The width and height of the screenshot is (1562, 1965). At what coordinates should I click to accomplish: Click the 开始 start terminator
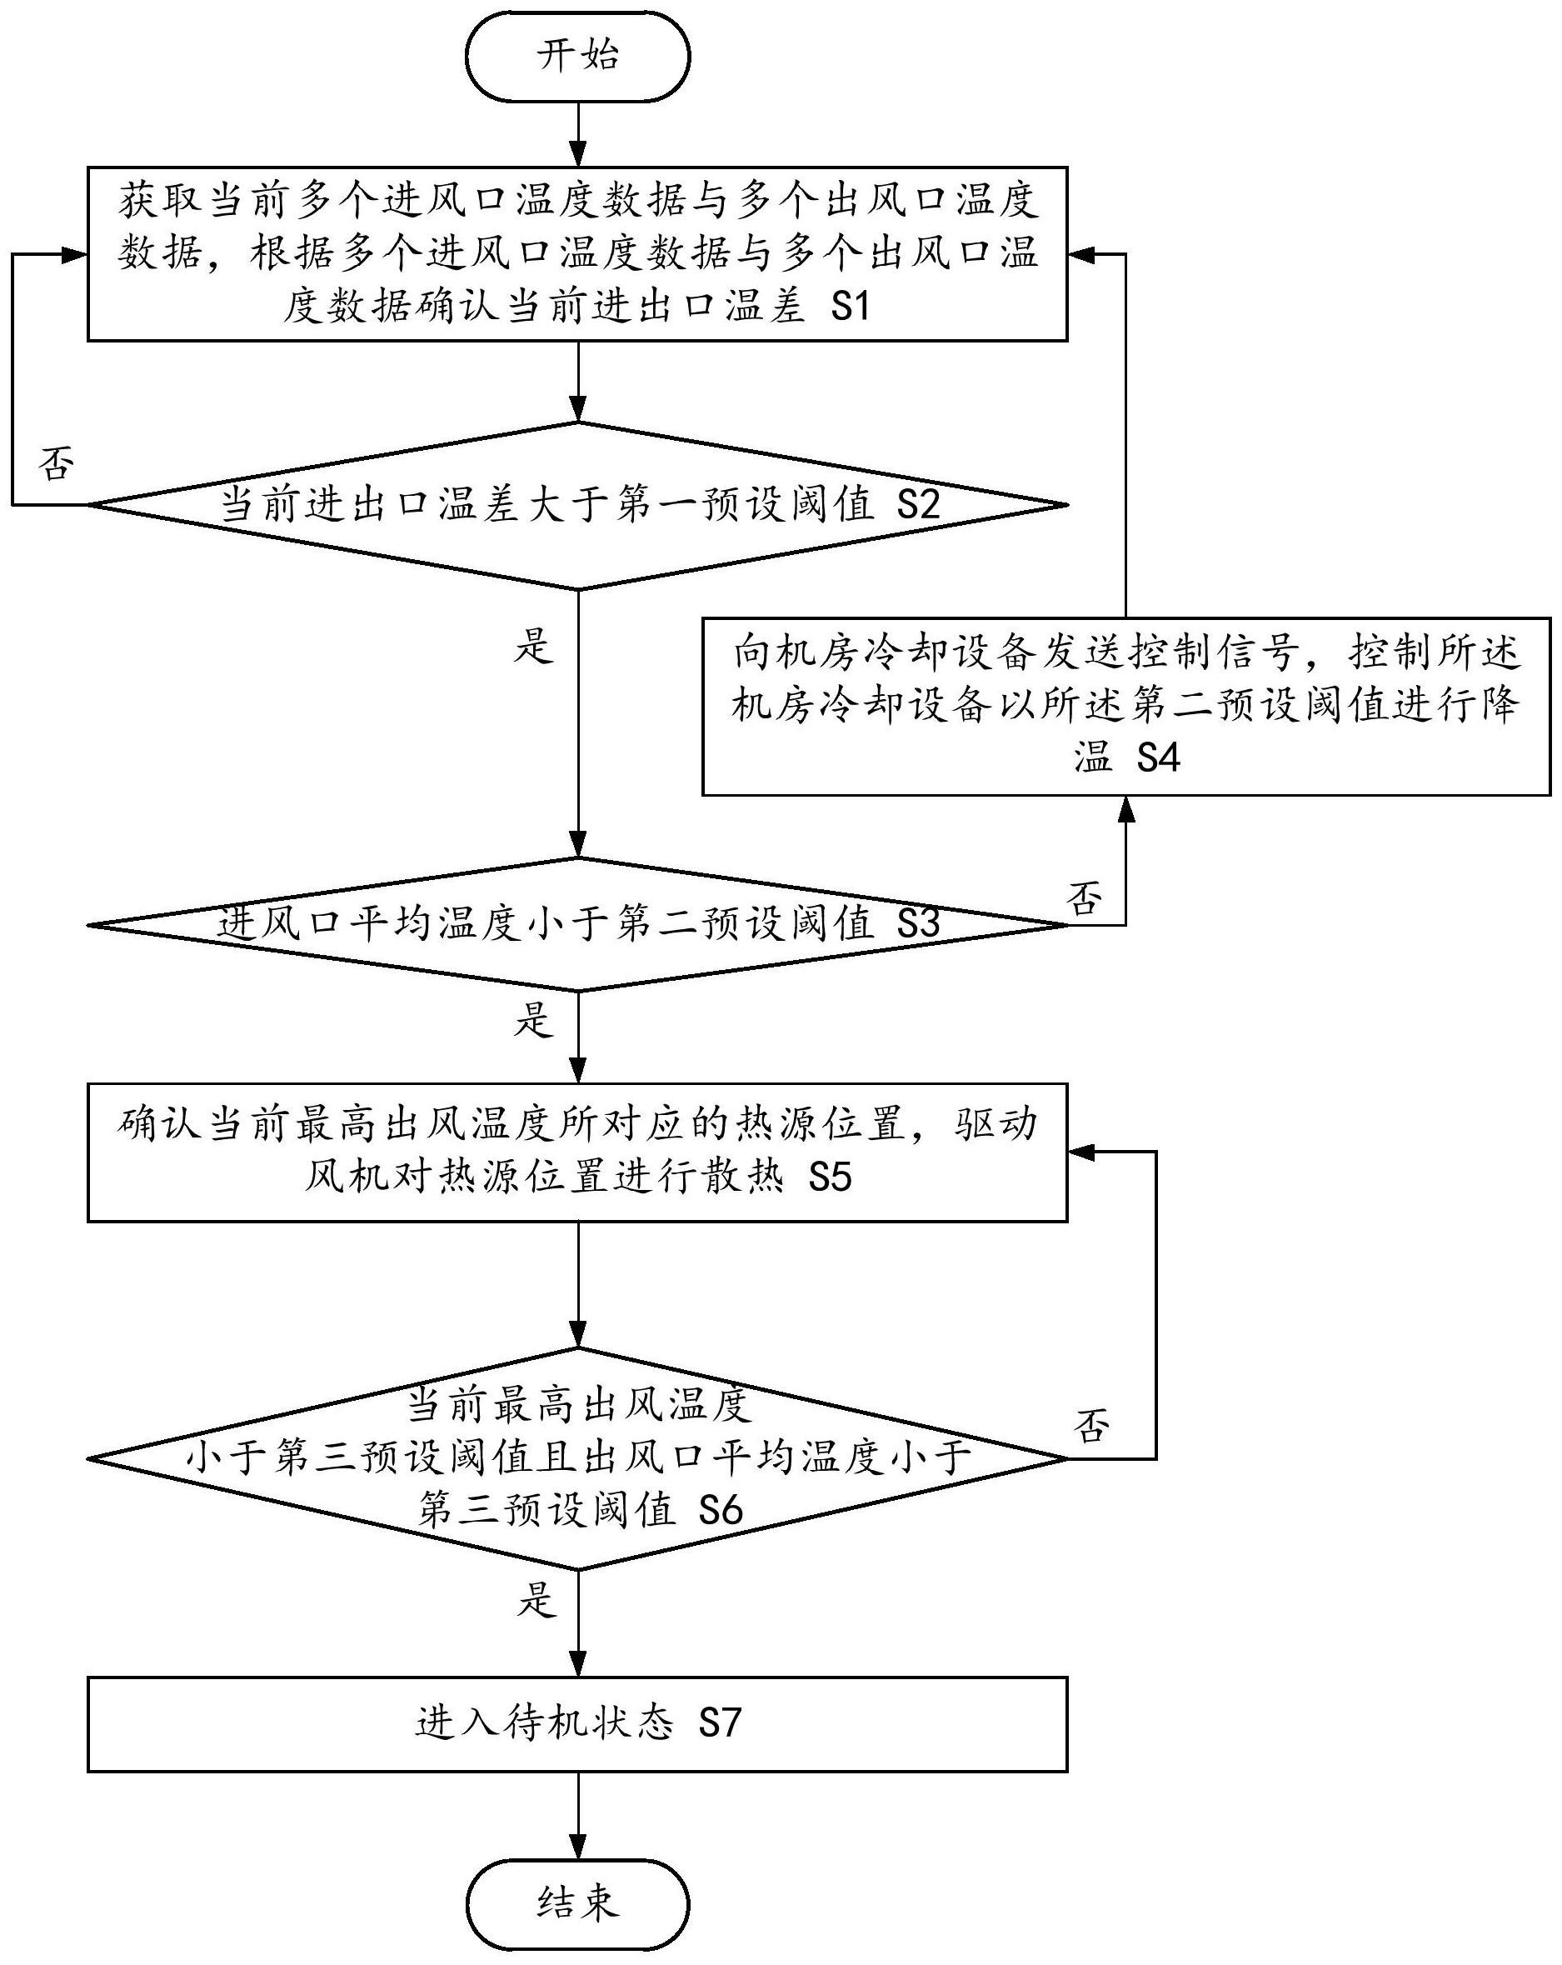(x=578, y=56)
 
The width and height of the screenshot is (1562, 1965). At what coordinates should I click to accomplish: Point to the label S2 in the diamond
(x=918, y=505)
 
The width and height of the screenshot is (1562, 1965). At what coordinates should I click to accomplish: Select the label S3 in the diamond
(x=918, y=924)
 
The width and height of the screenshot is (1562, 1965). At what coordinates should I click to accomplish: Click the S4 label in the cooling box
(x=1158, y=758)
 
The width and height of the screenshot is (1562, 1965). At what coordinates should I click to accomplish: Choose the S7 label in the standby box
(x=720, y=1723)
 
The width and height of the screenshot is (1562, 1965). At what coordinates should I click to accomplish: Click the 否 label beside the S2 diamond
(x=57, y=464)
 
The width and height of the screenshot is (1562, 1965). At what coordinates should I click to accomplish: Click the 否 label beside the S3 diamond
(x=1085, y=898)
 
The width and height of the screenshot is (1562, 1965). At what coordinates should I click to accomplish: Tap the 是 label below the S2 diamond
(x=534, y=646)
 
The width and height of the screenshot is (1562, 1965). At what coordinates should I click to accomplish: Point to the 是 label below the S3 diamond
(x=534, y=1019)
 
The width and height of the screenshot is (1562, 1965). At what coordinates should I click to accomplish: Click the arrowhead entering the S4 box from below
(x=1126, y=808)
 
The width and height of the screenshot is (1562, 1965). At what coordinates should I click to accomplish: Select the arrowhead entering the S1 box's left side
(x=75, y=255)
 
